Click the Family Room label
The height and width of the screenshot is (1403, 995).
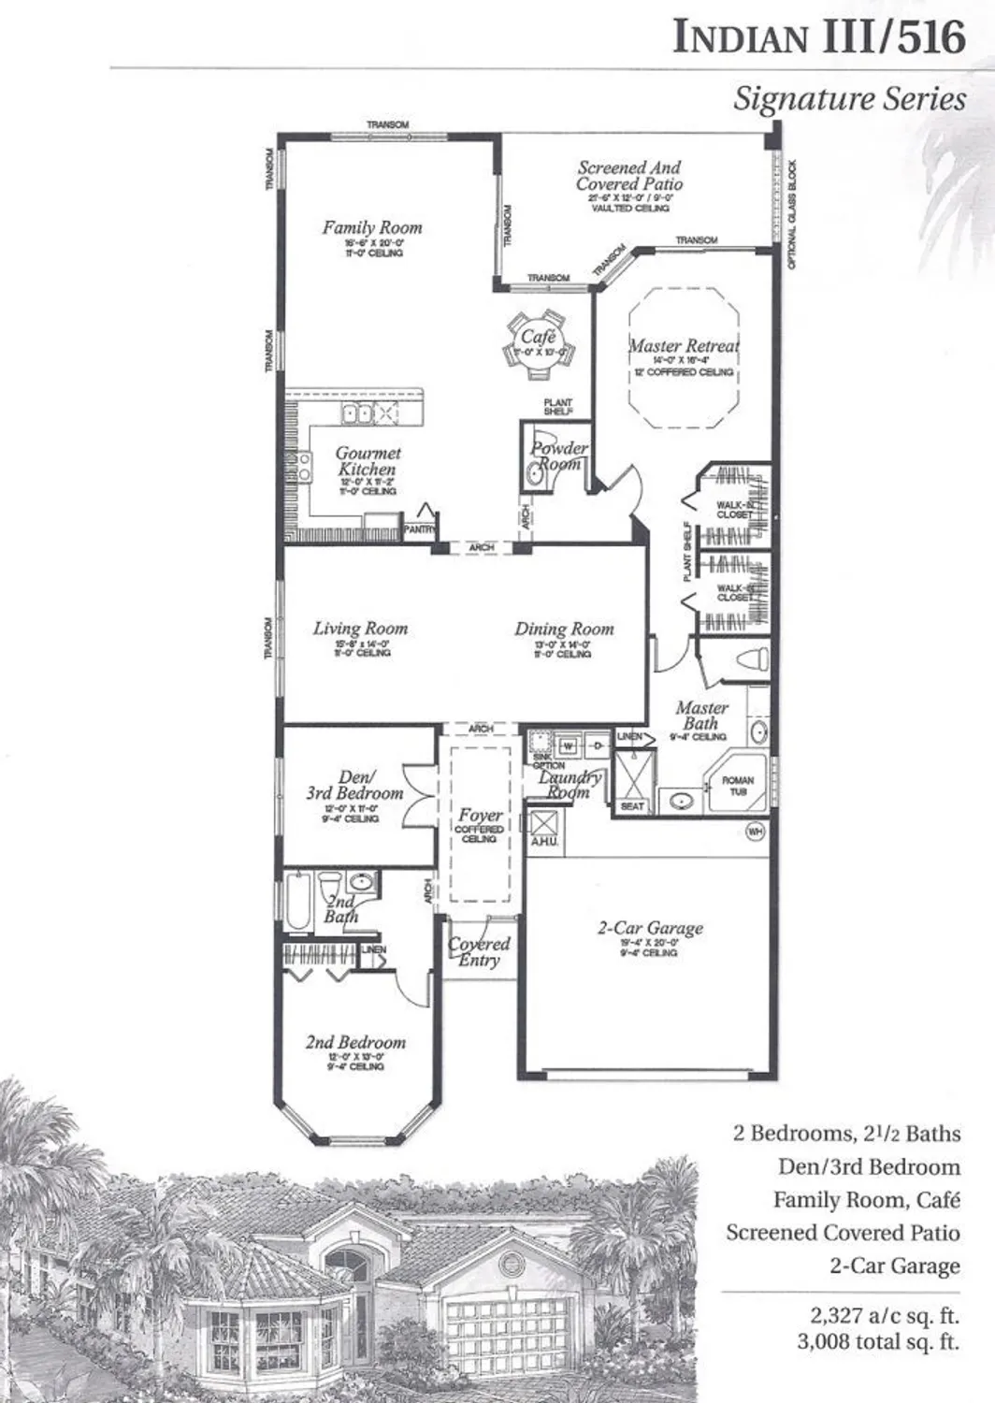(x=372, y=227)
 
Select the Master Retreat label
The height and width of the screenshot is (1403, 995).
(x=683, y=346)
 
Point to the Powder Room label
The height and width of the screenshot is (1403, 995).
(x=559, y=456)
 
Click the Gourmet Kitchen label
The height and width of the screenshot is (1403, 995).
(x=368, y=461)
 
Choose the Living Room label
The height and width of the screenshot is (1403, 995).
(x=360, y=629)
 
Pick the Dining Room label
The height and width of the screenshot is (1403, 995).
(x=564, y=629)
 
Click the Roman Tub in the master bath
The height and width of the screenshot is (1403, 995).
(x=737, y=786)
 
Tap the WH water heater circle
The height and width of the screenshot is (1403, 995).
(x=756, y=831)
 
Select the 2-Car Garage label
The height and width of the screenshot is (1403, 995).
(x=650, y=929)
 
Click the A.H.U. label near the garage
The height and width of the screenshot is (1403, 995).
(x=543, y=843)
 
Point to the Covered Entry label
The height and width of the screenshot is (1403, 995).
(x=479, y=952)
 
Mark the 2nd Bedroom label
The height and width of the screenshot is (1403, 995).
(x=355, y=1042)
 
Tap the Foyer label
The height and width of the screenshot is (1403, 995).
(x=480, y=816)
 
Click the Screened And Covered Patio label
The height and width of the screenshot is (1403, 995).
(x=629, y=176)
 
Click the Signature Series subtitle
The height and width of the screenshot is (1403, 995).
(x=848, y=99)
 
